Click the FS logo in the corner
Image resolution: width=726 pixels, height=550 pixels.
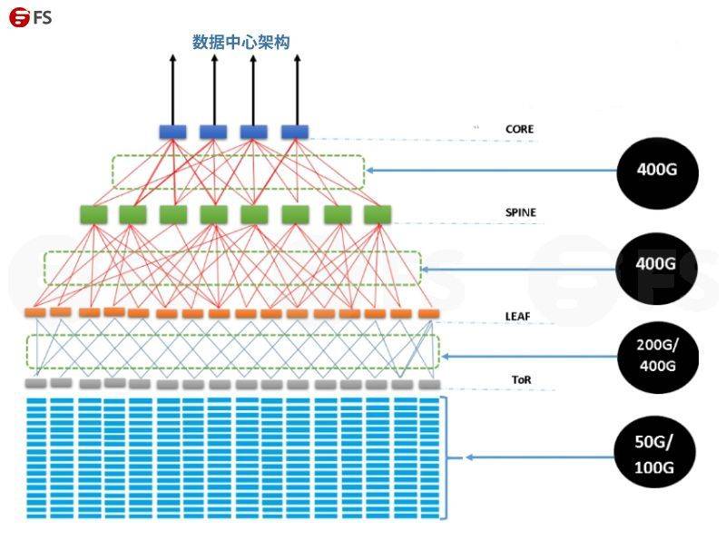30,17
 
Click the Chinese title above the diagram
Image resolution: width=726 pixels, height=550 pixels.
241,42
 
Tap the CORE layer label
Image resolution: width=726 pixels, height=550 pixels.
519,129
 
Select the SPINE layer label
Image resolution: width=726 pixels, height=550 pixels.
521,212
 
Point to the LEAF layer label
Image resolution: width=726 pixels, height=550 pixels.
517,317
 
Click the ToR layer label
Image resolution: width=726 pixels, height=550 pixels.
521,380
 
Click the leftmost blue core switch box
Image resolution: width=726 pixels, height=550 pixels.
172,132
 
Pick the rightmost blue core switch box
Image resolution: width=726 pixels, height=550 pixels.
295,132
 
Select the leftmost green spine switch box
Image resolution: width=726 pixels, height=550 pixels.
94,215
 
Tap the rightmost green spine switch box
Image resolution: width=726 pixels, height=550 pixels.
378,215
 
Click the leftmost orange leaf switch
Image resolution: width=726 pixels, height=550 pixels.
35,312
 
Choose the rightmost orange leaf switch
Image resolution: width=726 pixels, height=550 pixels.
429,314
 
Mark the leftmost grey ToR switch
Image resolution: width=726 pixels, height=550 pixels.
35,383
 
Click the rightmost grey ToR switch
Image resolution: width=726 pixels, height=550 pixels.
429,384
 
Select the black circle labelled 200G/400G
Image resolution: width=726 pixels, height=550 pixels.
658,357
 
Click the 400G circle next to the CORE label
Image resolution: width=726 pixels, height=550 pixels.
657,172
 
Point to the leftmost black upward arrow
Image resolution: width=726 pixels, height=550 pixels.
172,90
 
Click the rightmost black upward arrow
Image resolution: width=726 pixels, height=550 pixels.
298,90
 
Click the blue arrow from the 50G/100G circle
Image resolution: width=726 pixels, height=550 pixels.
540,457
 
